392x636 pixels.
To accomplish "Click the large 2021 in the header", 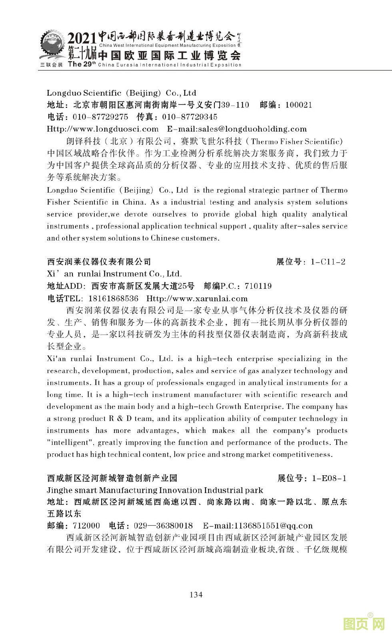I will [x=82, y=39].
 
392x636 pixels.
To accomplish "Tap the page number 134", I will [x=196, y=594].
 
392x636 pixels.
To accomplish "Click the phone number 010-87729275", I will [x=100, y=117].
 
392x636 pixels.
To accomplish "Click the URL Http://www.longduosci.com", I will [x=103, y=129].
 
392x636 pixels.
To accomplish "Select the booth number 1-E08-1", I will [x=329, y=478].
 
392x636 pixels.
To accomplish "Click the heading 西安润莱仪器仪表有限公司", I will [x=99, y=262].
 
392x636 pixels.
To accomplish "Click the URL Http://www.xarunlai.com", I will [x=197, y=299].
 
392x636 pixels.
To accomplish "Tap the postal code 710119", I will [x=258, y=286].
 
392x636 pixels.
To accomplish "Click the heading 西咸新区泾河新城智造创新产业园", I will [x=112, y=478].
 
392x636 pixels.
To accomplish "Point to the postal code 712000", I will [x=86, y=526].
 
